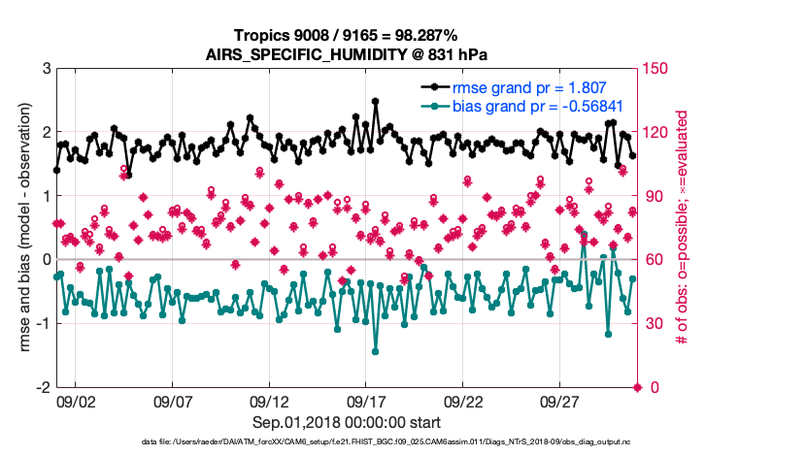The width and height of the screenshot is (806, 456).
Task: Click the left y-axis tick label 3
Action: click(47, 69)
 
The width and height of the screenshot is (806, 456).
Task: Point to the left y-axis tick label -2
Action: click(44, 387)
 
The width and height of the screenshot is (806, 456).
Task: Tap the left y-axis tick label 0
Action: click(47, 260)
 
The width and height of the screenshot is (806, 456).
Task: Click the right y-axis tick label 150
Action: click(661, 69)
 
